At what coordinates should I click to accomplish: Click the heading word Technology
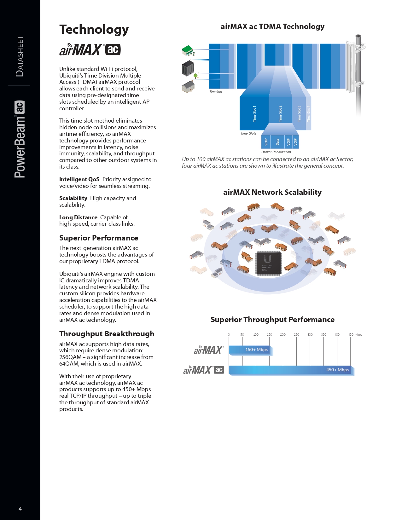click(x=94, y=30)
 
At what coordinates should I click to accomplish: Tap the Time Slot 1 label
click(x=254, y=114)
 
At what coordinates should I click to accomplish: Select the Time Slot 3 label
click(x=299, y=114)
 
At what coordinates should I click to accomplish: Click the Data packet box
click(x=277, y=142)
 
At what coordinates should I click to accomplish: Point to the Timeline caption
click(x=216, y=92)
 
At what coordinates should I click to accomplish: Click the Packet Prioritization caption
click(x=276, y=152)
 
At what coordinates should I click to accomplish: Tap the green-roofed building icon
click(x=188, y=50)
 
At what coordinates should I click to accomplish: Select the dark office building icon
click(x=188, y=68)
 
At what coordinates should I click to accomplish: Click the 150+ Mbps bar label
click(x=256, y=350)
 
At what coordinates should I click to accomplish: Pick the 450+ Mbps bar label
click(x=337, y=370)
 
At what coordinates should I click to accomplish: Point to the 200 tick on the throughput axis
click(x=283, y=334)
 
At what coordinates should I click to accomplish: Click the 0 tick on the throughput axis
click(x=229, y=334)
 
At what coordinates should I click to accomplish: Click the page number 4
click(x=20, y=509)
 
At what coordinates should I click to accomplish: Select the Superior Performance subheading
click(x=99, y=238)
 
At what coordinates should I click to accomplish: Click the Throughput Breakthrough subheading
click(x=107, y=334)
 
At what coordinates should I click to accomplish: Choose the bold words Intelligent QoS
click(x=79, y=179)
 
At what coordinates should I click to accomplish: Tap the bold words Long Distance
click(x=78, y=217)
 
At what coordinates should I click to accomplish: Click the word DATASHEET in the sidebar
click(x=20, y=56)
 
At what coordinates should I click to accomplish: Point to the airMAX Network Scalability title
click(x=272, y=192)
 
